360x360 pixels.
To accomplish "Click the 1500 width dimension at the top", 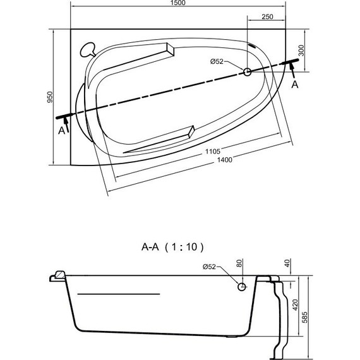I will point(177,4).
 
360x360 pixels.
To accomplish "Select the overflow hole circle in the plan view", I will point(247,73).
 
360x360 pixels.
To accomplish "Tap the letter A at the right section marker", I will point(294,85).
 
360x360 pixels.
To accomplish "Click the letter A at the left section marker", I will point(61,130).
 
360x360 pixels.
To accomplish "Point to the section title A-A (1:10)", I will point(171,247).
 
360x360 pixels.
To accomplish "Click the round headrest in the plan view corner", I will point(88,48).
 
